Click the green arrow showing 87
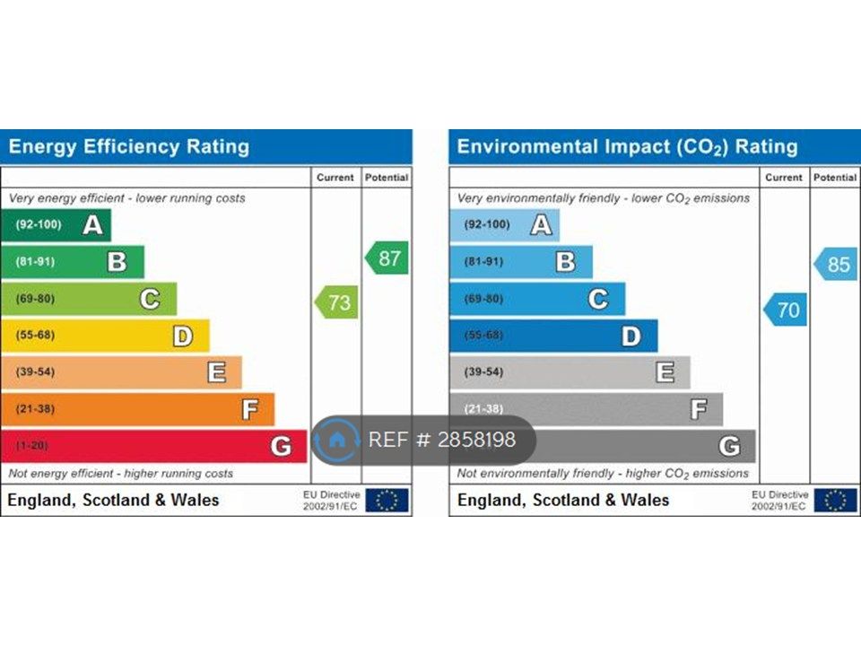[387, 258]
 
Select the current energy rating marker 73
[336, 302]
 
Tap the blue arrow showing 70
[785, 310]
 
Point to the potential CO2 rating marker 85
[835, 265]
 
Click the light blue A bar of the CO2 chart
[504, 224]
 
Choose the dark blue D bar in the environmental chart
[553, 336]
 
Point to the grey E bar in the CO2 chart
[570, 371]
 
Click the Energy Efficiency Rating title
[129, 146]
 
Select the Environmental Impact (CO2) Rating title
[627, 146]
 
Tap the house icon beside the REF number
[337, 440]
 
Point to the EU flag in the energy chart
[387, 500]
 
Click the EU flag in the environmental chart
[835, 500]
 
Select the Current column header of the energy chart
[335, 178]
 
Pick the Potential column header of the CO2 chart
[835, 178]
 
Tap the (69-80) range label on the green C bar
[35, 299]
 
